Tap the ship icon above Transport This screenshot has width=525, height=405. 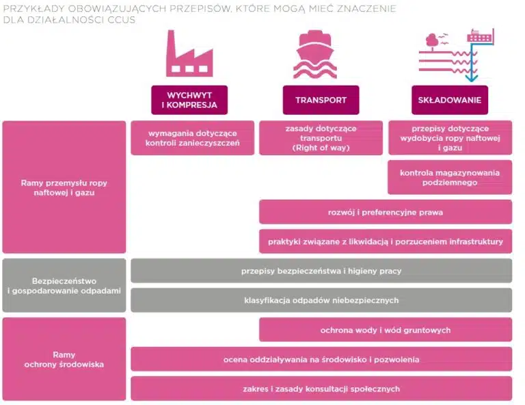315,55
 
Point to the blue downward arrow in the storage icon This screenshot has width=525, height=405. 472,64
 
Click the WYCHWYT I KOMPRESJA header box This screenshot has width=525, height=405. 189,100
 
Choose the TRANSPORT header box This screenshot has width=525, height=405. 321,100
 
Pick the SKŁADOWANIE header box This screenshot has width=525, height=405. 450,100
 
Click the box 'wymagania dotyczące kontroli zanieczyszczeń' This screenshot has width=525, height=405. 193,138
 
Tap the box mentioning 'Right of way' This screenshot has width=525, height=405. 321,138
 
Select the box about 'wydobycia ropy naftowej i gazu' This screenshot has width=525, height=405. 450,138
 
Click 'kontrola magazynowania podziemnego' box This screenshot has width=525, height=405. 450,177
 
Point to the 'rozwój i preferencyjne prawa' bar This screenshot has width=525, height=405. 386,212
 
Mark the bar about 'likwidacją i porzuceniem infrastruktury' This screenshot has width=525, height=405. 386,241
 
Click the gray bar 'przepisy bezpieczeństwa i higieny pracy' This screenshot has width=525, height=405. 321,271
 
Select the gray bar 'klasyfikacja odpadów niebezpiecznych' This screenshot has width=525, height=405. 321,300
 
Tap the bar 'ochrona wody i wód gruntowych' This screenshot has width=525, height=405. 386,330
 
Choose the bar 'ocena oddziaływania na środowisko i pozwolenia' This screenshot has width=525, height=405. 321,359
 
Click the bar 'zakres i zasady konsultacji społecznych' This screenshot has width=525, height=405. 321,389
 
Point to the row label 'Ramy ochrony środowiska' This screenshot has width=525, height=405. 64,359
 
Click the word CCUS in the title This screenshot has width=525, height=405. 121,20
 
